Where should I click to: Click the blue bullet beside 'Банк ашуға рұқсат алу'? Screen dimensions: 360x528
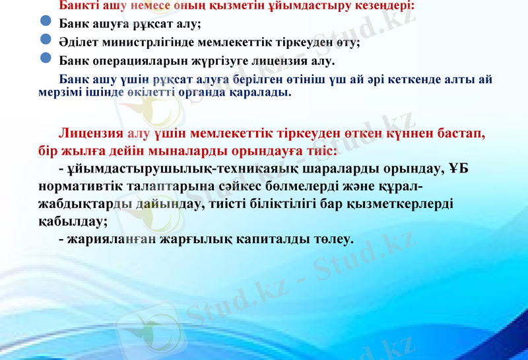46,23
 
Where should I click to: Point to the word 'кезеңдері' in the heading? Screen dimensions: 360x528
383,6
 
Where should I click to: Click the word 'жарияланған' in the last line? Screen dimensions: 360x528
110,238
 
